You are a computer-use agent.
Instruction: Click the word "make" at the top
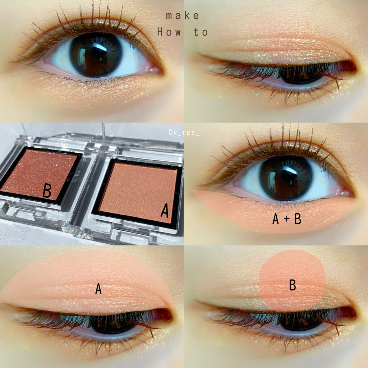[183, 16]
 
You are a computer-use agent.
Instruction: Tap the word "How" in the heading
[169, 32]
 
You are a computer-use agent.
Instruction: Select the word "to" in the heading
[201, 32]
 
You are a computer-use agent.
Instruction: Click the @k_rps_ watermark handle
[184, 133]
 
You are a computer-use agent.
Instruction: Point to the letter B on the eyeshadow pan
[47, 190]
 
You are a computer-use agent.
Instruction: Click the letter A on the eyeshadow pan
[165, 210]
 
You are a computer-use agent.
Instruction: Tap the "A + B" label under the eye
[287, 219]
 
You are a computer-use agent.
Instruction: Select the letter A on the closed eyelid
[98, 289]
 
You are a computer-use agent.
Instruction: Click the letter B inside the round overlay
[293, 285]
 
